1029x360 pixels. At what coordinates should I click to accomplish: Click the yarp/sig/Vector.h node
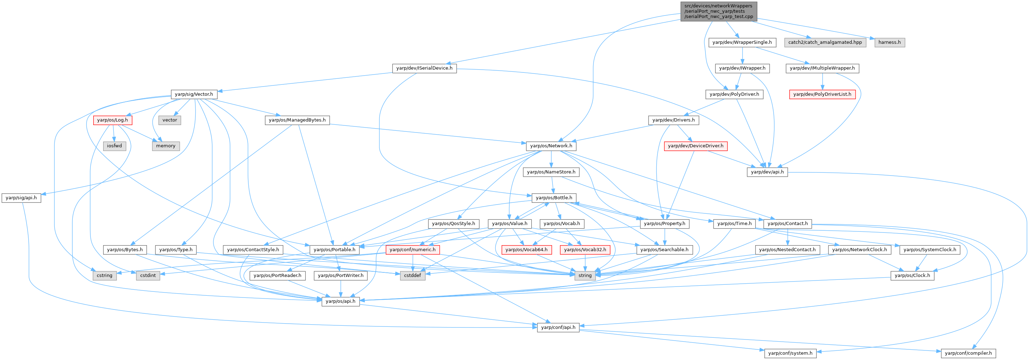194,94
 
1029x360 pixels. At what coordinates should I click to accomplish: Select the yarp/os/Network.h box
551,146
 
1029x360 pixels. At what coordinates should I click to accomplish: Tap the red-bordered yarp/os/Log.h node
112,120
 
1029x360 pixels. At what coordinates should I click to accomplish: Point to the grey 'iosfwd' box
114,146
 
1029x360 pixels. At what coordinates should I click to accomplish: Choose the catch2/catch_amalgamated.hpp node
825,42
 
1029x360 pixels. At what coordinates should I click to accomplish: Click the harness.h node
889,42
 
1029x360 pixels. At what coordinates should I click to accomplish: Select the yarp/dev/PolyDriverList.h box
822,94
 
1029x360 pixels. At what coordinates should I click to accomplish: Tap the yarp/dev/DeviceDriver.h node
696,146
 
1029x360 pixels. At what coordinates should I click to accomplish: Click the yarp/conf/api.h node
558,327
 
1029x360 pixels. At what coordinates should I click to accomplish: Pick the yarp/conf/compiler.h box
968,353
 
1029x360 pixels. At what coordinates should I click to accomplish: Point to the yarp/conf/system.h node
790,353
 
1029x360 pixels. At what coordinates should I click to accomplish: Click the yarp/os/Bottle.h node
554,198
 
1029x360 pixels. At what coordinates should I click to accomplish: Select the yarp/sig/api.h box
21,198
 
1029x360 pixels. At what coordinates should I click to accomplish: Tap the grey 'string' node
585,275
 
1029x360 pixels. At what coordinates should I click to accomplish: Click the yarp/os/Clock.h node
912,275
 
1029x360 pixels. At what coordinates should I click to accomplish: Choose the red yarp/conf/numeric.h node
412,250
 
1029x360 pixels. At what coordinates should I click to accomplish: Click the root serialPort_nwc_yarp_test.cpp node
718,11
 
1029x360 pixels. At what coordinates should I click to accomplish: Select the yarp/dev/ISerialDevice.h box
424,68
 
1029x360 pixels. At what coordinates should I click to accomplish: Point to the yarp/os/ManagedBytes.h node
297,120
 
